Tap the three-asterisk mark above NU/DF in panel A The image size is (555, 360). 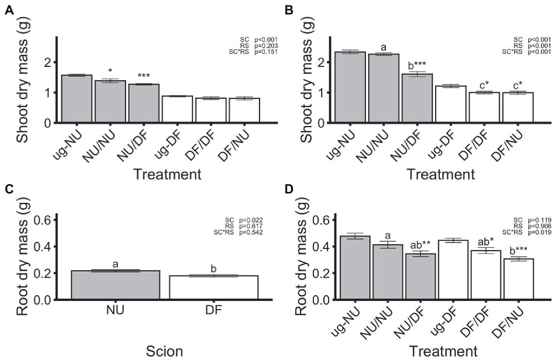click(144, 76)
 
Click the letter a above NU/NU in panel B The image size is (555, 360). click(384, 48)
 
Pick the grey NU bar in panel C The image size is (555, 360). click(115, 285)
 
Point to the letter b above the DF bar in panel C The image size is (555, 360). click(213, 269)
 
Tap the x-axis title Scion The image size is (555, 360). click(164, 351)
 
